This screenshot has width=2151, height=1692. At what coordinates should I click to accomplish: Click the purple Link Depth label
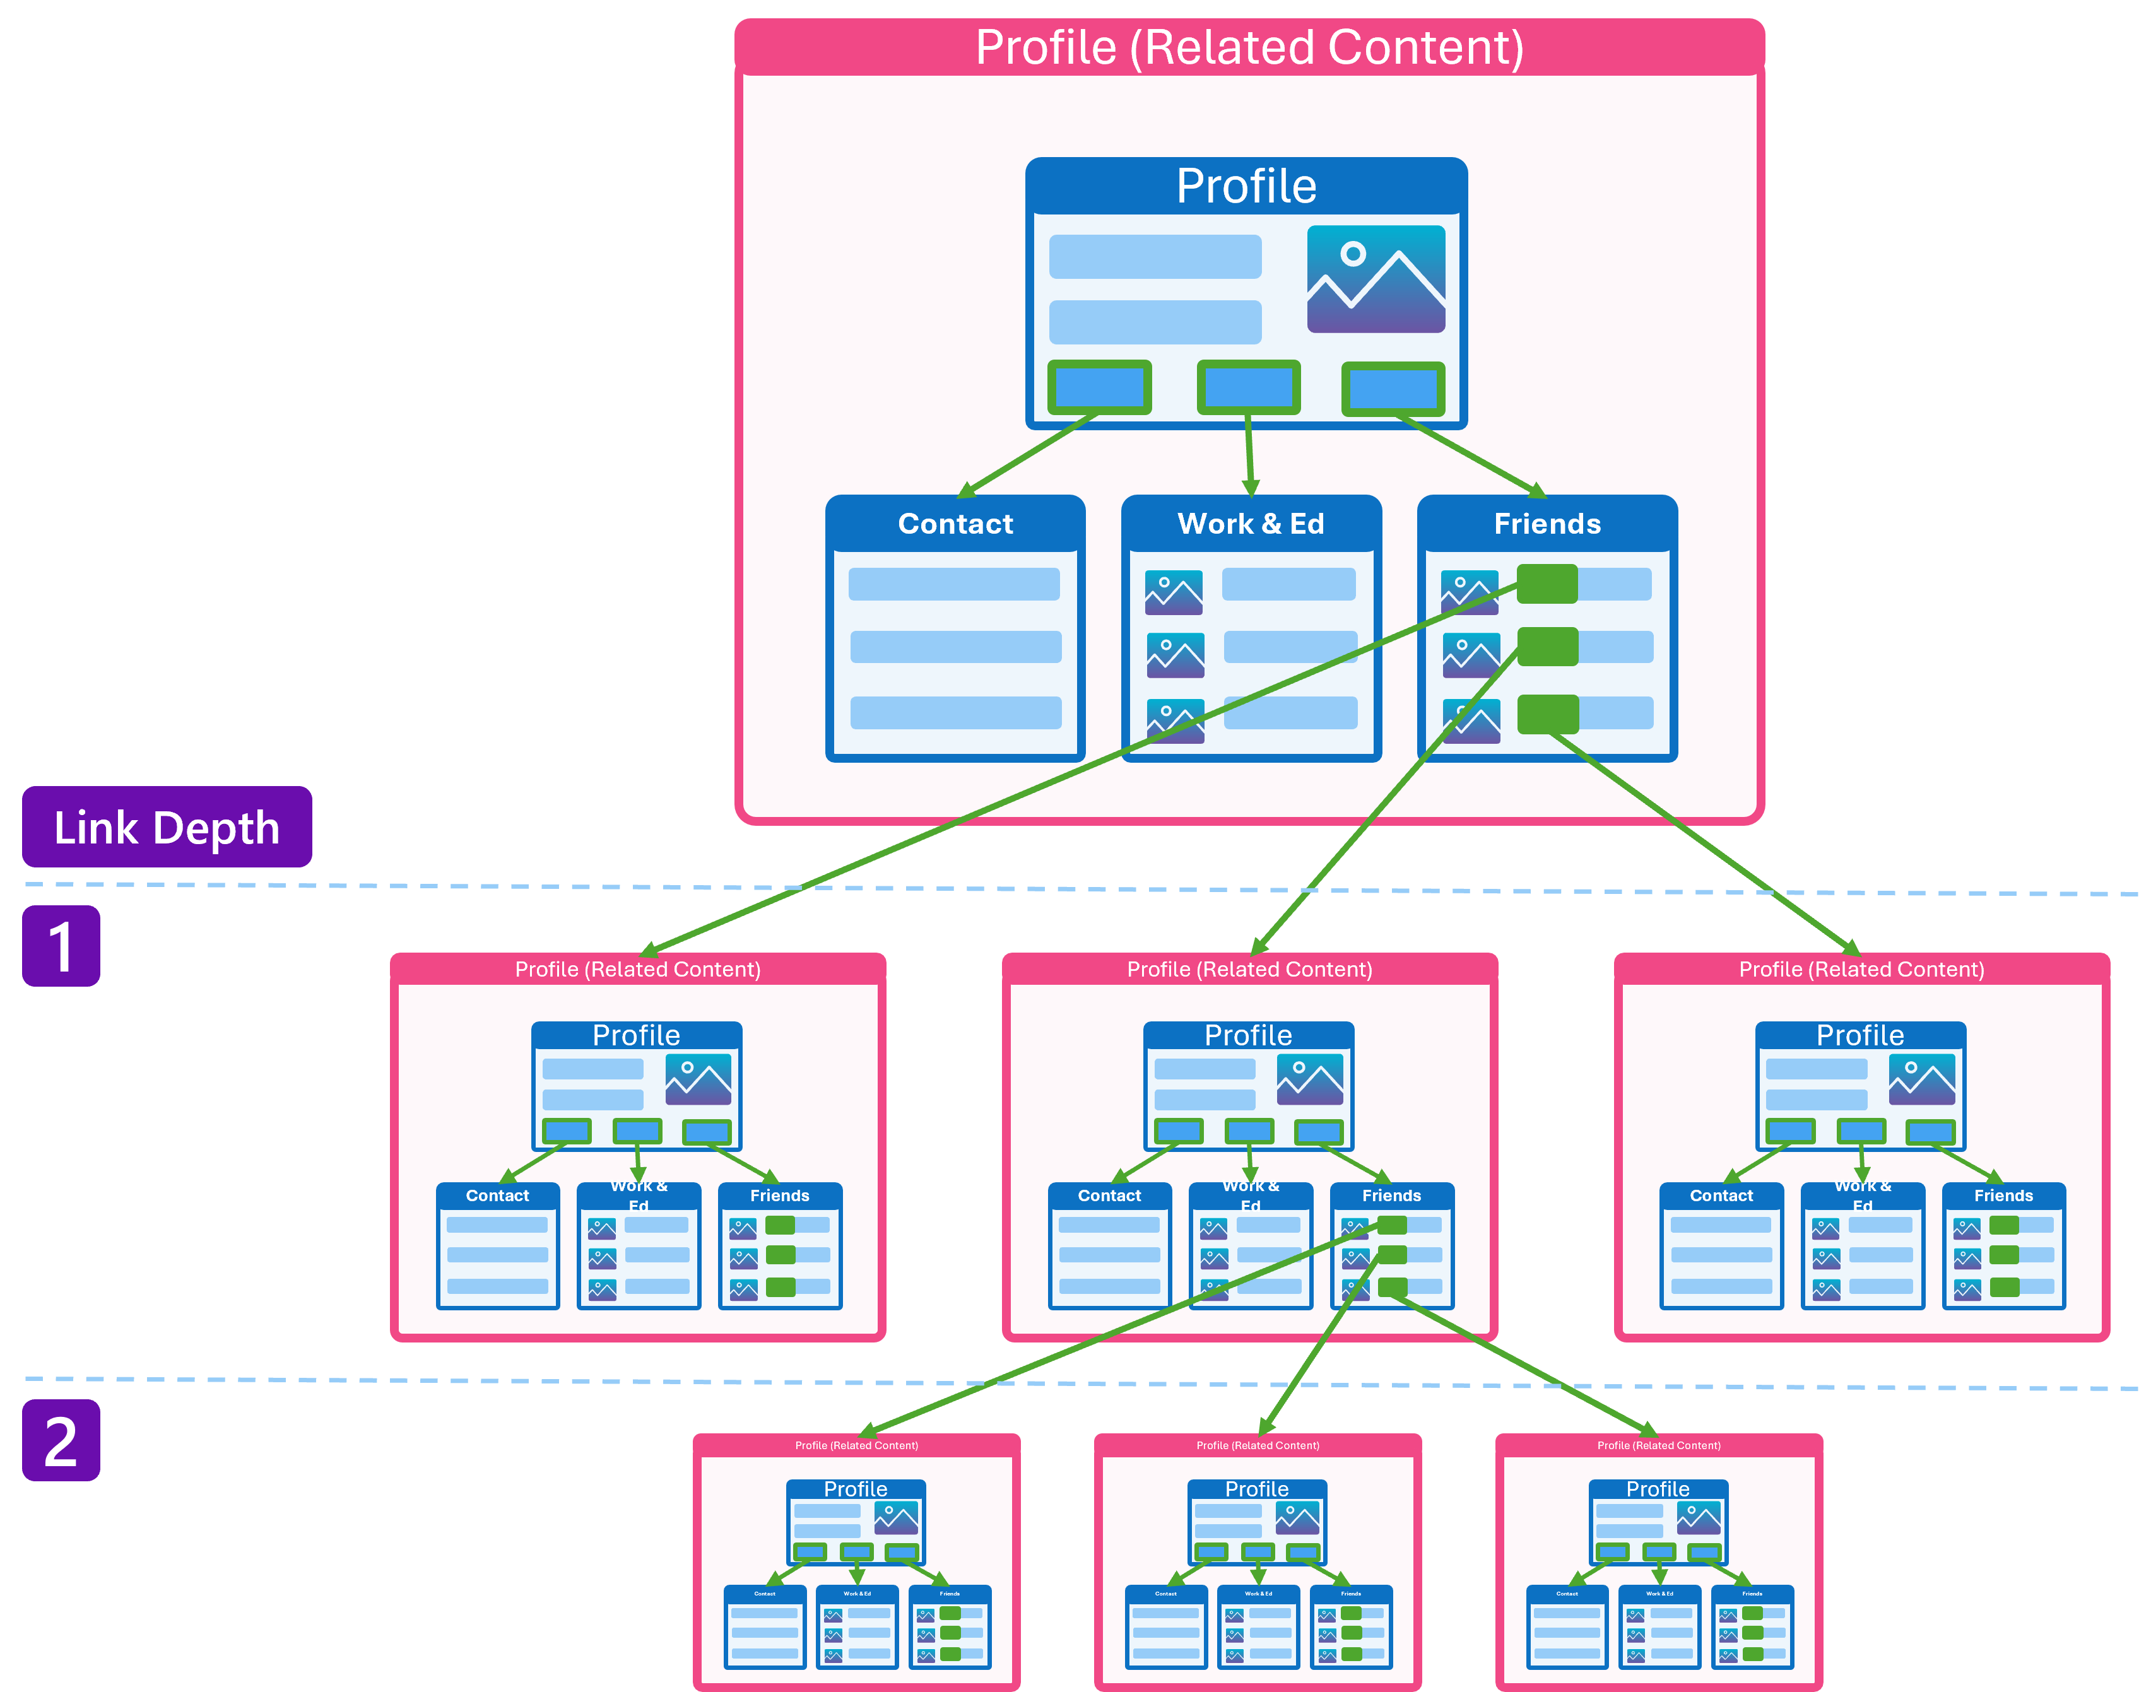click(x=167, y=827)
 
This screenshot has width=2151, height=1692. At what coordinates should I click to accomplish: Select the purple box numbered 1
click(x=61, y=946)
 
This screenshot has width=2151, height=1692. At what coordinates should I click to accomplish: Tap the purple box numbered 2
click(x=61, y=1440)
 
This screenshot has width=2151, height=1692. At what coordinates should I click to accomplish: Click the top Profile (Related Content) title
click(x=1249, y=47)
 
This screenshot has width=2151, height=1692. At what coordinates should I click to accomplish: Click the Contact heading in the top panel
click(x=955, y=524)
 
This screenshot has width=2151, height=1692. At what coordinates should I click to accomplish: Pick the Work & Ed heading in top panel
click(x=1251, y=524)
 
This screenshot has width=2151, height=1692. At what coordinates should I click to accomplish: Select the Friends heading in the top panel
click(x=1547, y=524)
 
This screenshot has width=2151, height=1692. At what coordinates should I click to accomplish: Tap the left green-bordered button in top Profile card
click(x=1099, y=387)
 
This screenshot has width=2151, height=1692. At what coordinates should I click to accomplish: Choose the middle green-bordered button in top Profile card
click(x=1249, y=387)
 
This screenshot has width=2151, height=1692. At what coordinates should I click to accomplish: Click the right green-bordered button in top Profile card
click(x=1392, y=389)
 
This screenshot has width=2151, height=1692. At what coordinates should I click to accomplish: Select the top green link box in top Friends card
click(x=1547, y=584)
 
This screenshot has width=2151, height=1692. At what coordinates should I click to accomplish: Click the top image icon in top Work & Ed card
click(x=1173, y=592)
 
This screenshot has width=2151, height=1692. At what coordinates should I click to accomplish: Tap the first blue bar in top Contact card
click(x=954, y=584)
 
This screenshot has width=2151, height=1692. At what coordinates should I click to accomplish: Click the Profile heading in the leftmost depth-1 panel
click(x=636, y=1036)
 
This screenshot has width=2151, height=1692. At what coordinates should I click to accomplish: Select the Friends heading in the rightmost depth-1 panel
click(x=2003, y=1196)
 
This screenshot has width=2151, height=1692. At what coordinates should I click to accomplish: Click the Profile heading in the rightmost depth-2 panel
click(x=1658, y=1489)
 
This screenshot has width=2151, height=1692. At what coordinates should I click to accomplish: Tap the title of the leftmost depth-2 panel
click(x=856, y=1445)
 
